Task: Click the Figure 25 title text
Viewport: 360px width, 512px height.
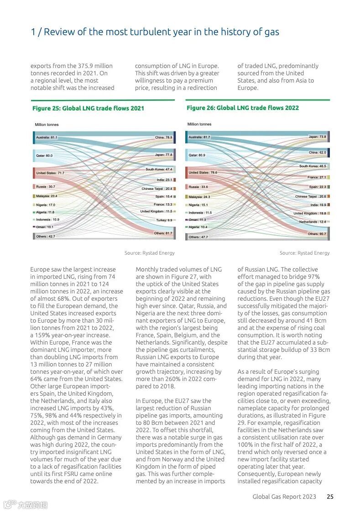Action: [x=88, y=109]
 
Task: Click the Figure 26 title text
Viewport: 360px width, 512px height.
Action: [x=242, y=108]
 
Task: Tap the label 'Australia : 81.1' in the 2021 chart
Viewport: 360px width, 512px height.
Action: [x=47, y=137]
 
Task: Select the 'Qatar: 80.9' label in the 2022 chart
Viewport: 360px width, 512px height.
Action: [x=197, y=155]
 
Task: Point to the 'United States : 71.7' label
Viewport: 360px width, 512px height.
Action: [x=50, y=173]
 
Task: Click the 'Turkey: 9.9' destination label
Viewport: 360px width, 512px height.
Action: [x=164, y=220]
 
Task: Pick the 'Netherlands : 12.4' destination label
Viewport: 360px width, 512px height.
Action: [x=313, y=222]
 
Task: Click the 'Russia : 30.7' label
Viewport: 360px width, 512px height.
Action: [x=46, y=187]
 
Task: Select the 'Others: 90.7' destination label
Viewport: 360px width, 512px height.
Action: [x=317, y=234]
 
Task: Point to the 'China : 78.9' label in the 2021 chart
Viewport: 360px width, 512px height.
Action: [x=163, y=137]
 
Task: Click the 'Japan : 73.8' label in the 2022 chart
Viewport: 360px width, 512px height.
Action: [x=317, y=137]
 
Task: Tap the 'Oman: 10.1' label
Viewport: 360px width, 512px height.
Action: [x=45, y=227]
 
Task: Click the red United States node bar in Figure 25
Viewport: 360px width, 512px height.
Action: [x=34, y=173]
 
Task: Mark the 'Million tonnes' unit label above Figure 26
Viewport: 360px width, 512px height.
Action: [x=199, y=124]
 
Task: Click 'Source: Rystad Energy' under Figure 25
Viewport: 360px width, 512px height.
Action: [x=150, y=253]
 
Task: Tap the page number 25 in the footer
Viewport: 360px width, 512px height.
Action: [x=330, y=496]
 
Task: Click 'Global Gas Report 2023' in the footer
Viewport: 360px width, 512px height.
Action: [x=284, y=496]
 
